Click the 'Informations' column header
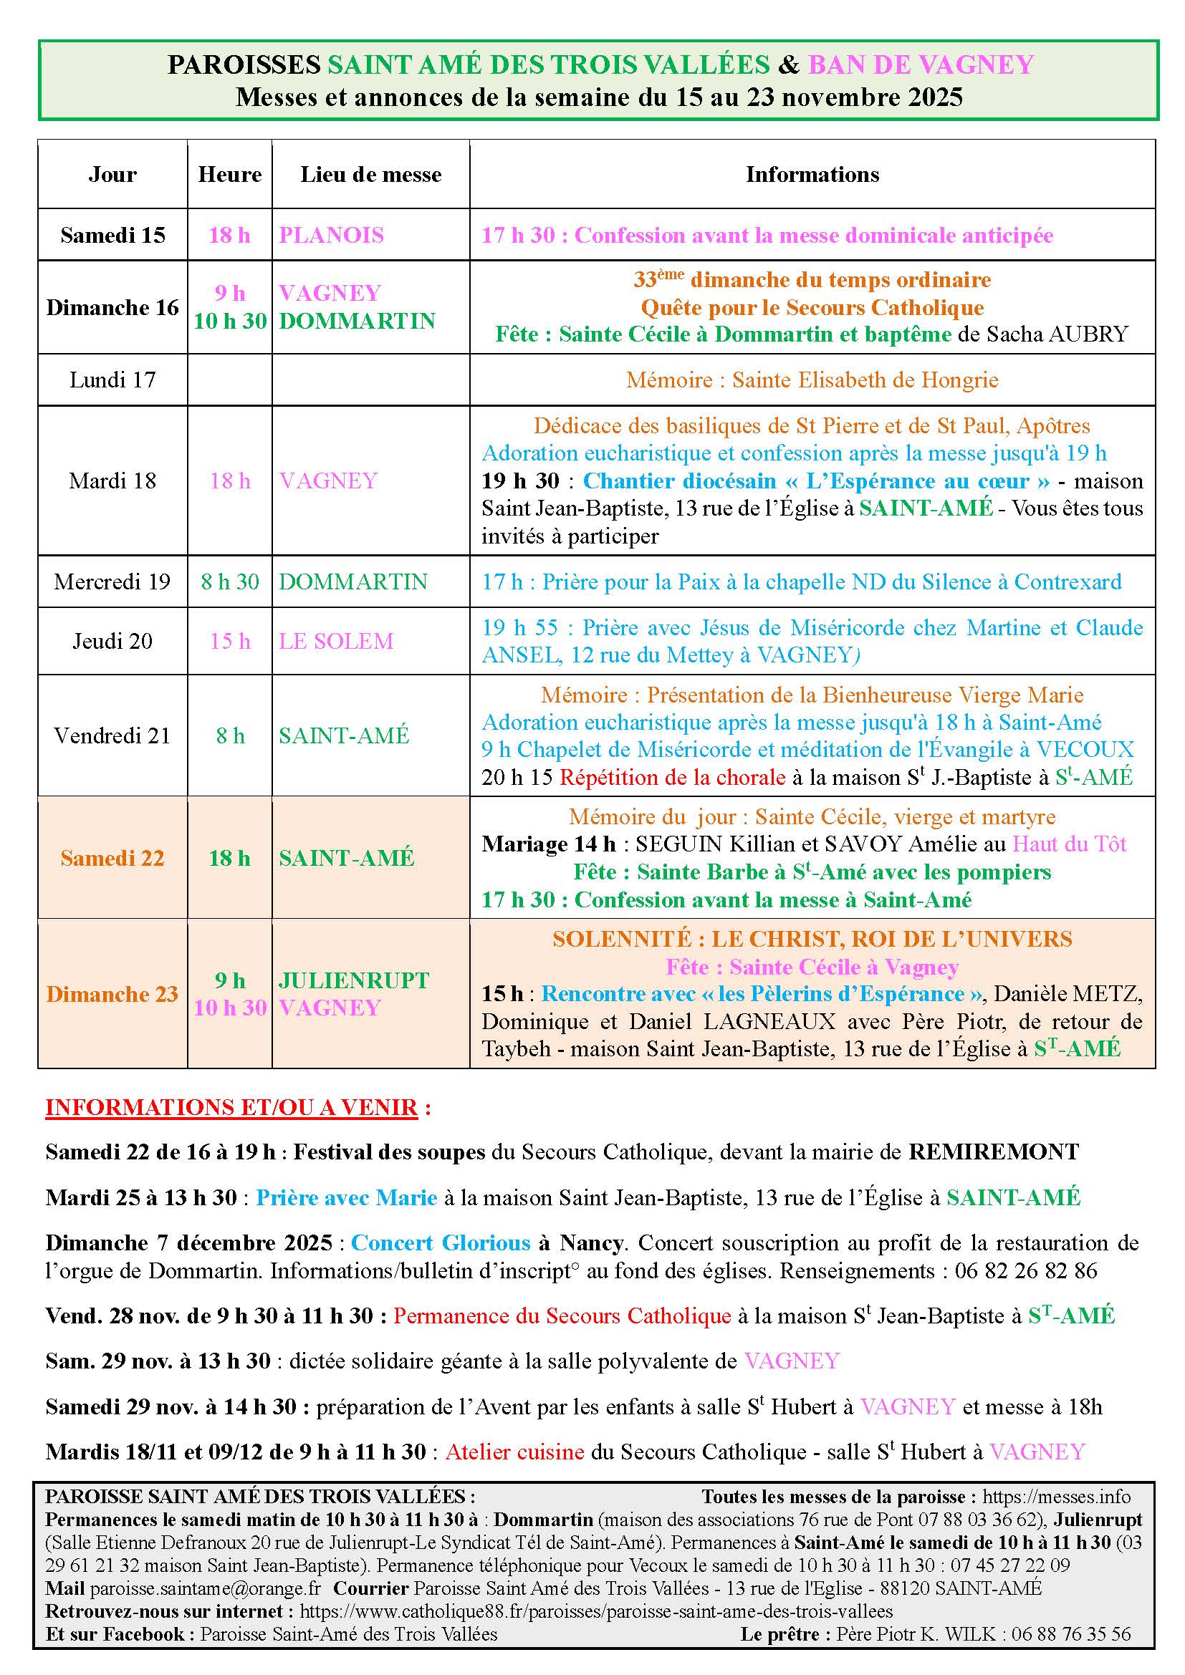(812, 174)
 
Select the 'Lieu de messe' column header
(370, 174)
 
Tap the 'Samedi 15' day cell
(112, 235)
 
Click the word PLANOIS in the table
(331, 235)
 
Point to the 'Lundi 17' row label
(112, 380)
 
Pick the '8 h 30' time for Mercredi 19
(230, 581)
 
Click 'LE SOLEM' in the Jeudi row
(335, 641)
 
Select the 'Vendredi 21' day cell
(112, 735)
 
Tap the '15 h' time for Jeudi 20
(230, 641)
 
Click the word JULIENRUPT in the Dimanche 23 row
(354, 980)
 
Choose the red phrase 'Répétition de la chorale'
(672, 777)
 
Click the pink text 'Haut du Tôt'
(1069, 844)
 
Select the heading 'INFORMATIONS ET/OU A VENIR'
(231, 1107)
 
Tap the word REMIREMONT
(993, 1152)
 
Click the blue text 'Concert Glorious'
(440, 1242)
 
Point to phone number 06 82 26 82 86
(1025, 1270)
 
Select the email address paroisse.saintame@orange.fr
(205, 1588)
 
